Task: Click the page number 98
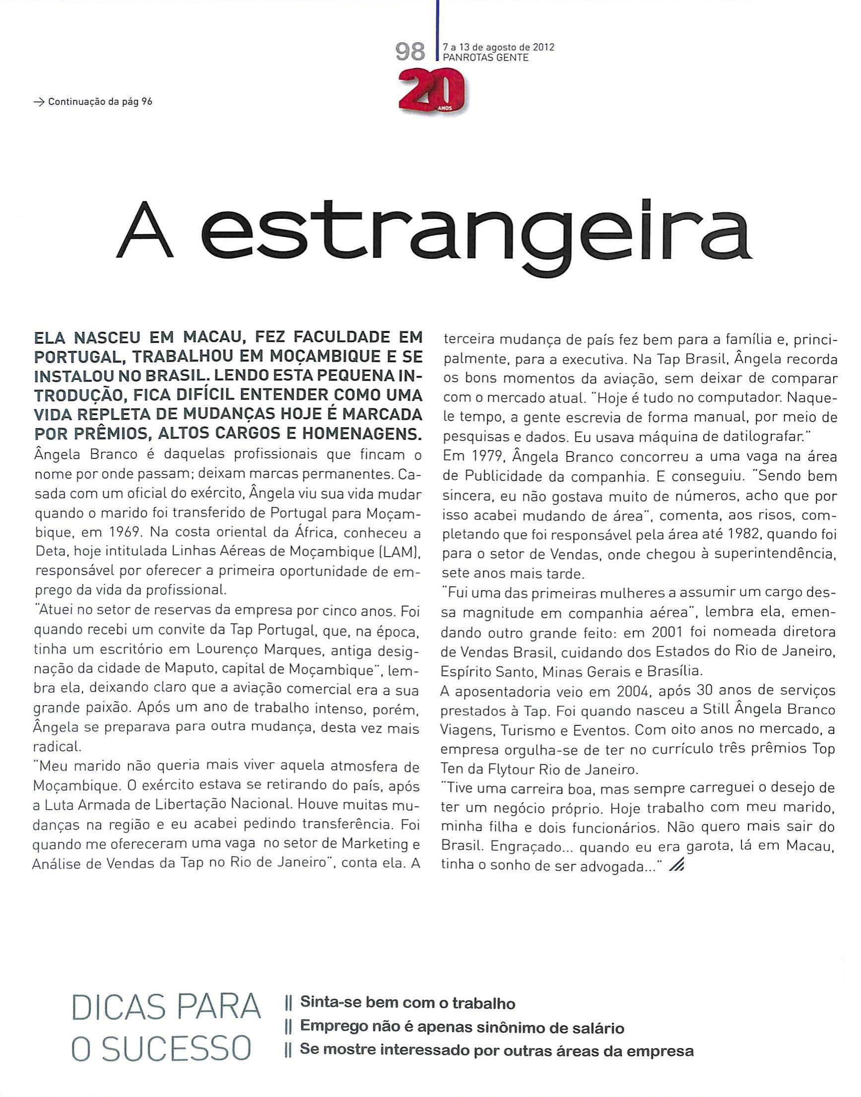pyautogui.click(x=410, y=52)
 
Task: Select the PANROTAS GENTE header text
pyautogui.click(x=485, y=58)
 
